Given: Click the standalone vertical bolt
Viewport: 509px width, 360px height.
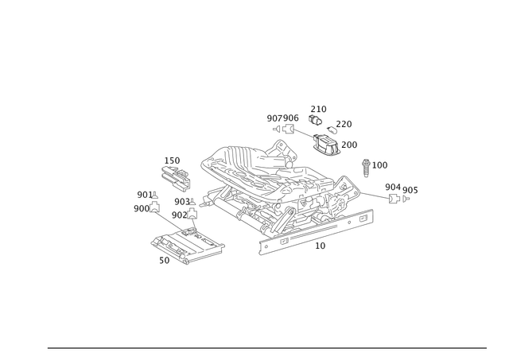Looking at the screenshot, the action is point(366,168).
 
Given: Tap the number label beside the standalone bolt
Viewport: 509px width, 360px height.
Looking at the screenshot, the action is point(381,165).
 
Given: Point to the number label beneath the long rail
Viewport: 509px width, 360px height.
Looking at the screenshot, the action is point(321,247).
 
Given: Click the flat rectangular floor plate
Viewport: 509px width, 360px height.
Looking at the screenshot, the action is point(186,247).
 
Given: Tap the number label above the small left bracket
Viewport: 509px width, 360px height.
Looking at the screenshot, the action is point(172,158).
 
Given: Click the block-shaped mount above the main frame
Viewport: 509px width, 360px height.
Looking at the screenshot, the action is point(326,145).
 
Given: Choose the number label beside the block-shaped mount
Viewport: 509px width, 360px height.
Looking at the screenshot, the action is point(350,144).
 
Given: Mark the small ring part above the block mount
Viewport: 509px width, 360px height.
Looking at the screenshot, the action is point(316,121).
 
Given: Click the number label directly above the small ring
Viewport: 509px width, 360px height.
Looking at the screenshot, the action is point(318,108).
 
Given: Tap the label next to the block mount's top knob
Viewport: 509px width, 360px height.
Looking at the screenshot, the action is point(344,123).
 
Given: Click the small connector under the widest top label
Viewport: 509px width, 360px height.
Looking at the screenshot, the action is point(279,128).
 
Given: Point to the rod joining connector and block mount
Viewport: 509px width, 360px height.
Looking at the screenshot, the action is point(301,134).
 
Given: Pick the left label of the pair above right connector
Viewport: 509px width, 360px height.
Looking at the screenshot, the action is point(390,187).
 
